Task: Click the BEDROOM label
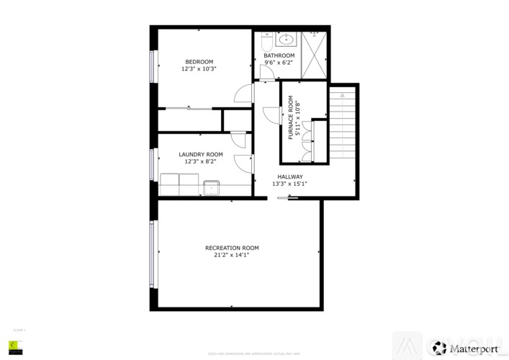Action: [199, 61]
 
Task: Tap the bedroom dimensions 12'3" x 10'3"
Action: [199, 69]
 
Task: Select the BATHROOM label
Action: [279, 55]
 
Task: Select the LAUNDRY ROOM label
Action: [201, 154]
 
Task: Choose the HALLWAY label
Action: [289, 176]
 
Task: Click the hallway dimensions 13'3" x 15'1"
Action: [289, 184]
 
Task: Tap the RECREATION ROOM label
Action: [232, 248]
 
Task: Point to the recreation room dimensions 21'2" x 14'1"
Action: [232, 255]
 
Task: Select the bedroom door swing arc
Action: [243, 94]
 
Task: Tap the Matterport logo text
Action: [474, 348]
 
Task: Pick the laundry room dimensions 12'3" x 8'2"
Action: [201, 161]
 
